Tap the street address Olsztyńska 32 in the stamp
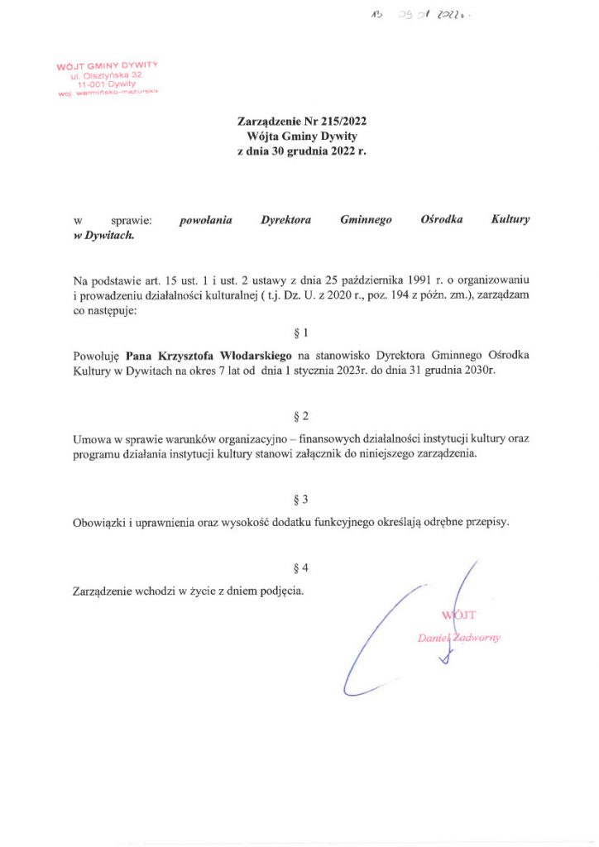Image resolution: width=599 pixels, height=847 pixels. (110, 74)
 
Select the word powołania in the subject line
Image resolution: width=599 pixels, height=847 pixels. (206, 220)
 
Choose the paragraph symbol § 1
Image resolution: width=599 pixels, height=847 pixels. (300, 333)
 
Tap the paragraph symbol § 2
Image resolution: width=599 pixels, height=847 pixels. (300, 416)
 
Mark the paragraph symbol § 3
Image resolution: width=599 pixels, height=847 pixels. (300, 500)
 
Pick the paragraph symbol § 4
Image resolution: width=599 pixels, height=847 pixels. (300, 568)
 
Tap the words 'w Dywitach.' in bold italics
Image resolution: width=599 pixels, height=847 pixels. (104, 235)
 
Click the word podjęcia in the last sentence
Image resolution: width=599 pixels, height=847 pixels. (280, 591)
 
